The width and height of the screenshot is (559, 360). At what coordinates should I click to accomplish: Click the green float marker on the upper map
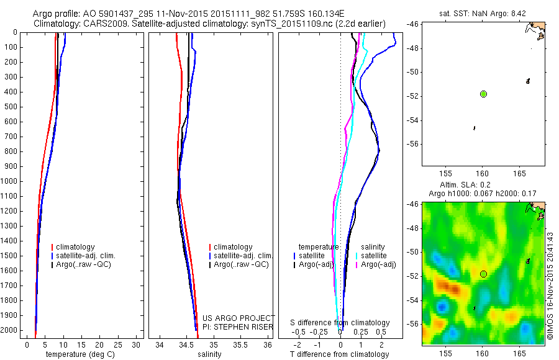pyautogui.click(x=483, y=94)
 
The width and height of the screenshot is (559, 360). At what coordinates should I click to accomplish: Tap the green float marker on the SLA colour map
pyautogui.click(x=483, y=274)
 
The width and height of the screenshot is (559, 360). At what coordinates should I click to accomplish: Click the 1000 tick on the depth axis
pyautogui.click(x=12, y=181)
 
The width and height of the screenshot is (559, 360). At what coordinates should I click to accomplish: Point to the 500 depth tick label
pyautogui.click(x=12, y=107)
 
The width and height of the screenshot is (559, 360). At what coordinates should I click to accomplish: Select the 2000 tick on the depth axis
pyautogui.click(x=12, y=330)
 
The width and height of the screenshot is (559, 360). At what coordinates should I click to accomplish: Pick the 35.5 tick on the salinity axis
pyautogui.click(x=240, y=344)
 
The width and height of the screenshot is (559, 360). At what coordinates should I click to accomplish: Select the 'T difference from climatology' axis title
pyautogui.click(x=340, y=354)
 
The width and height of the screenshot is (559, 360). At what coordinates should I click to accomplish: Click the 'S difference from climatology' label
pyautogui.click(x=340, y=323)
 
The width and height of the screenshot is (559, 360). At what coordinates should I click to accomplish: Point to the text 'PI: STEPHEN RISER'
pyautogui.click(x=238, y=326)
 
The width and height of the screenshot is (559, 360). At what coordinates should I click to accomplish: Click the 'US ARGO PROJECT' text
pyautogui.click(x=238, y=318)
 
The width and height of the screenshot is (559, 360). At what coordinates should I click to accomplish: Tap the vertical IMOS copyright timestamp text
pyautogui.click(x=550, y=285)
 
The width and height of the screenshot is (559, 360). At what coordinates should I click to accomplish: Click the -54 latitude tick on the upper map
pyautogui.click(x=413, y=120)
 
